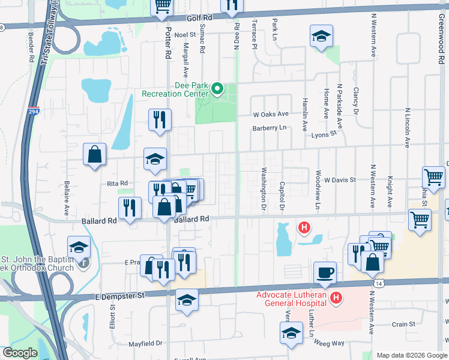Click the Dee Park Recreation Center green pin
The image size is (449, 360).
point(217,91)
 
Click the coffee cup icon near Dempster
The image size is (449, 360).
point(325,273)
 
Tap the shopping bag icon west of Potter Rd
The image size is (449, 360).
point(95,155)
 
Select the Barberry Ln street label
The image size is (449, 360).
point(270,128)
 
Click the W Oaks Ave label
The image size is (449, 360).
point(271,114)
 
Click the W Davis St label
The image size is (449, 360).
point(340,179)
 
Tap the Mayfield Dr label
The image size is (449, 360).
point(146,344)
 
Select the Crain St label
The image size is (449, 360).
point(403,324)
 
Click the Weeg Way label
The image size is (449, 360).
point(329,343)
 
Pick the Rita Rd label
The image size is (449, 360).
point(118,183)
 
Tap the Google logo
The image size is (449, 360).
point(20,353)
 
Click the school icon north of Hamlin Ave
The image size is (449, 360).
point(321,37)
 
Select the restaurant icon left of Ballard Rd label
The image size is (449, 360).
point(130,209)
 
